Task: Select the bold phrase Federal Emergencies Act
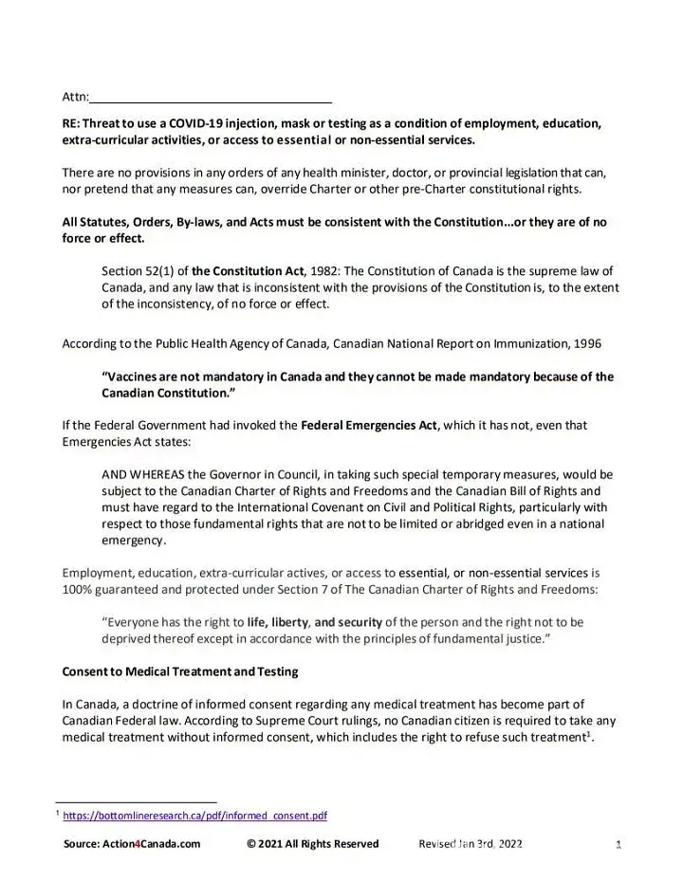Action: [x=369, y=425]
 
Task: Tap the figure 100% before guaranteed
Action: [x=78, y=589]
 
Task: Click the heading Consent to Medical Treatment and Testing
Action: [x=180, y=671]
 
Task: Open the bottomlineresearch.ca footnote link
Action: [x=194, y=816]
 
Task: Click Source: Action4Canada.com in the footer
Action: [x=132, y=844]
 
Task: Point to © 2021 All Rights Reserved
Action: [x=312, y=844]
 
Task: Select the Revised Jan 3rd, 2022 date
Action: [x=471, y=844]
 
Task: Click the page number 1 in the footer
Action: [x=618, y=844]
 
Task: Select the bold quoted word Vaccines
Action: [x=138, y=377]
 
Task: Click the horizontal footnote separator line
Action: [x=137, y=801]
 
